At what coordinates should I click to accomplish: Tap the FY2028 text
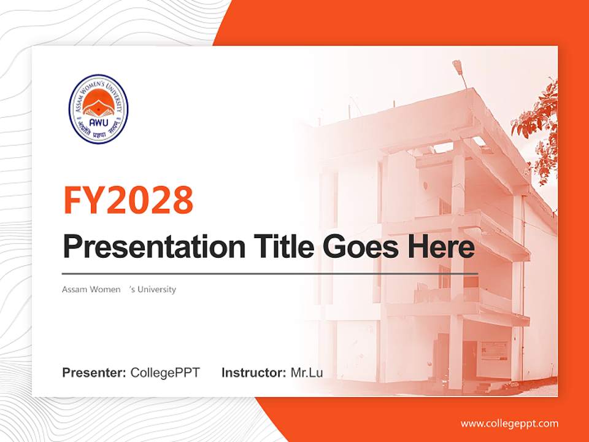(x=128, y=200)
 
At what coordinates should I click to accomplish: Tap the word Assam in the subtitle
(x=74, y=289)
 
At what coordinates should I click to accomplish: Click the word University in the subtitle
(x=156, y=289)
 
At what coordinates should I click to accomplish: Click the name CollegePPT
(x=165, y=373)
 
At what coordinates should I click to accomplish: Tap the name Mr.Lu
(x=307, y=373)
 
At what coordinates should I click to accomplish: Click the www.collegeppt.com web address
(x=509, y=423)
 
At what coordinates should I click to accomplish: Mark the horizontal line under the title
(x=270, y=274)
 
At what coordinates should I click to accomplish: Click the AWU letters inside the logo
(x=98, y=121)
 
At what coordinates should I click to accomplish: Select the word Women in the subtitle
(x=104, y=289)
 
